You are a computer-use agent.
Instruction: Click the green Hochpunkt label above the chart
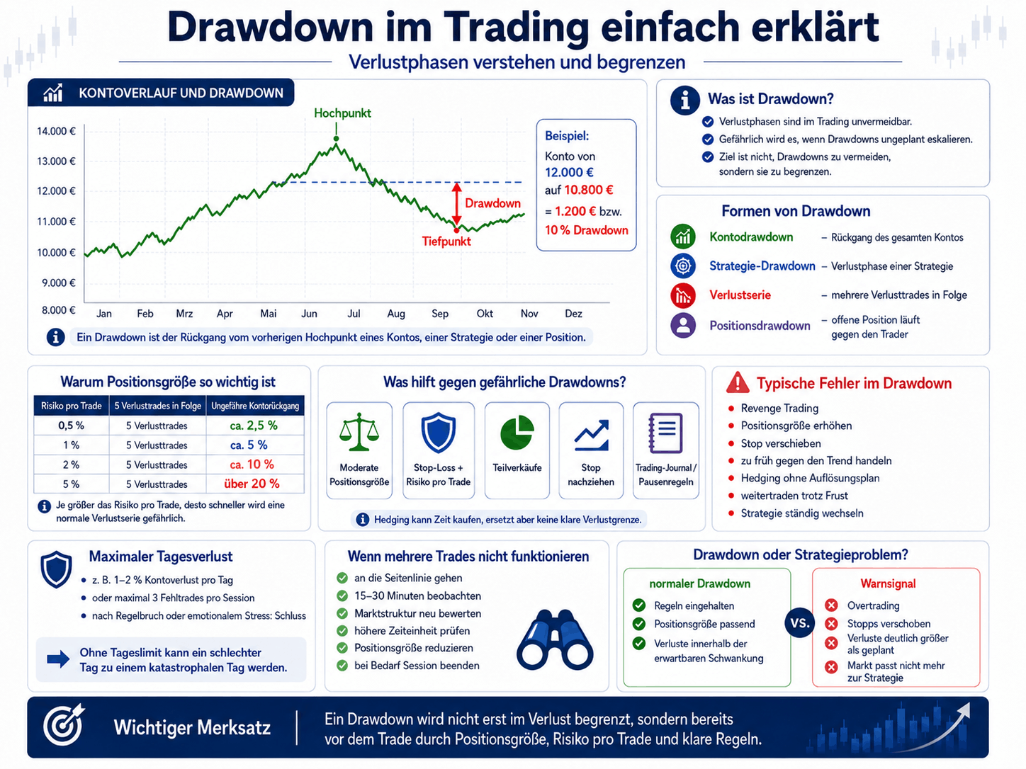(342, 113)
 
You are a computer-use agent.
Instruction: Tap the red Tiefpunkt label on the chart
(446, 241)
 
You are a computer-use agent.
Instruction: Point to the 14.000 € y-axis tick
(56, 131)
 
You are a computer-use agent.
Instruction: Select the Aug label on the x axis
(396, 314)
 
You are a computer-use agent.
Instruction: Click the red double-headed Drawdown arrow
(457, 203)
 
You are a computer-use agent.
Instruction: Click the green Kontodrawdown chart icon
(683, 237)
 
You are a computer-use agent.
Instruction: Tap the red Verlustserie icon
(683, 295)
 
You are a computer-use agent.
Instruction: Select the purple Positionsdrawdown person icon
(683, 325)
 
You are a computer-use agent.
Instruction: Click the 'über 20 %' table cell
(252, 484)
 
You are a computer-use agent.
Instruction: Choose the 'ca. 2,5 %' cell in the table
(254, 426)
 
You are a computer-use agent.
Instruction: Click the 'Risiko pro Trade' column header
(71, 406)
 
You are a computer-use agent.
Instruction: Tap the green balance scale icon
(359, 432)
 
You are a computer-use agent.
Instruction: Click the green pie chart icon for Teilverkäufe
(517, 433)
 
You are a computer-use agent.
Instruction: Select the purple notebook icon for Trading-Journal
(665, 433)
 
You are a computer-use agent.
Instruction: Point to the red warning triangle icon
(738, 382)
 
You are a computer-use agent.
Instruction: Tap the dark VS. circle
(800, 623)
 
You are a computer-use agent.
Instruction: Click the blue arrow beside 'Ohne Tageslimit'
(58, 659)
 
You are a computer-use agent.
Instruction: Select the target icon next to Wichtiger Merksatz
(63, 724)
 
